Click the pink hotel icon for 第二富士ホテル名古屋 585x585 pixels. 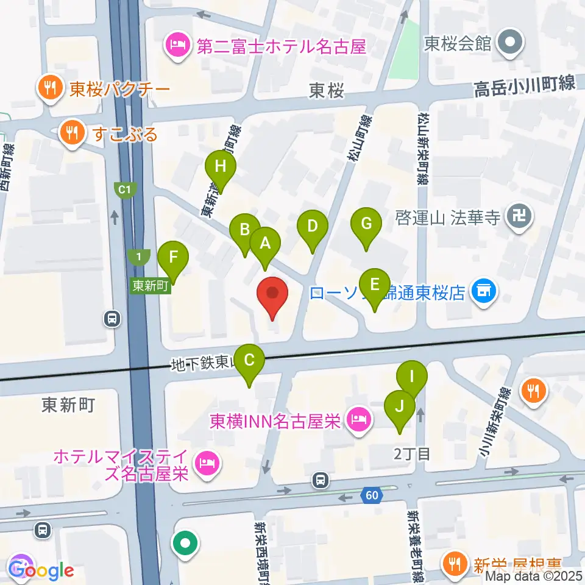point(177,46)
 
